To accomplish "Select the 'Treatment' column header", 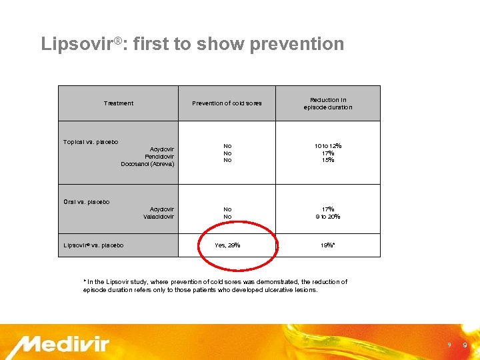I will point(119,103).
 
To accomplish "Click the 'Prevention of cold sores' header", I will point(227,103).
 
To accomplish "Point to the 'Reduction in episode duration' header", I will point(327,103).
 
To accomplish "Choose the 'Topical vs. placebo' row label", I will point(91,142).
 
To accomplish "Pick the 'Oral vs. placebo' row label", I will point(87,202).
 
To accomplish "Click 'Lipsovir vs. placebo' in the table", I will point(93,245).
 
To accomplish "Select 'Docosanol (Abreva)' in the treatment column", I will point(147,164).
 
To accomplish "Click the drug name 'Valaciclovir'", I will point(159,217).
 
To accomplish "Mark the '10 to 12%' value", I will point(327,146).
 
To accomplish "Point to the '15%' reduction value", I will point(327,160).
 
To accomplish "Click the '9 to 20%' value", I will point(327,217).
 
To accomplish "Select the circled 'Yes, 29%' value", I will point(227,245).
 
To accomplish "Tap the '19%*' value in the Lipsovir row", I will point(327,245).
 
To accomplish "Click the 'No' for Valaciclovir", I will point(227,217).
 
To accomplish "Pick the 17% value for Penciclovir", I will point(327,153).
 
